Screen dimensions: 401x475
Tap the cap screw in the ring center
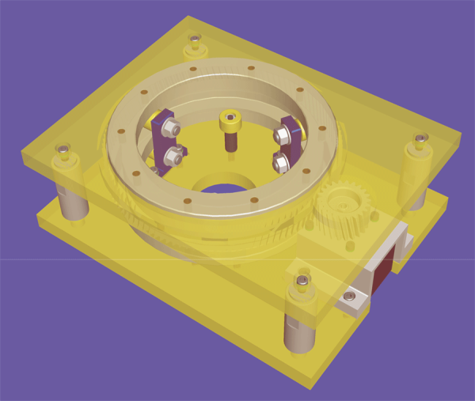click(229, 121)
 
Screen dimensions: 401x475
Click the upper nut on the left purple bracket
click(172, 127)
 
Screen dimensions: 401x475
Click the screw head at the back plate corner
click(194, 39)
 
